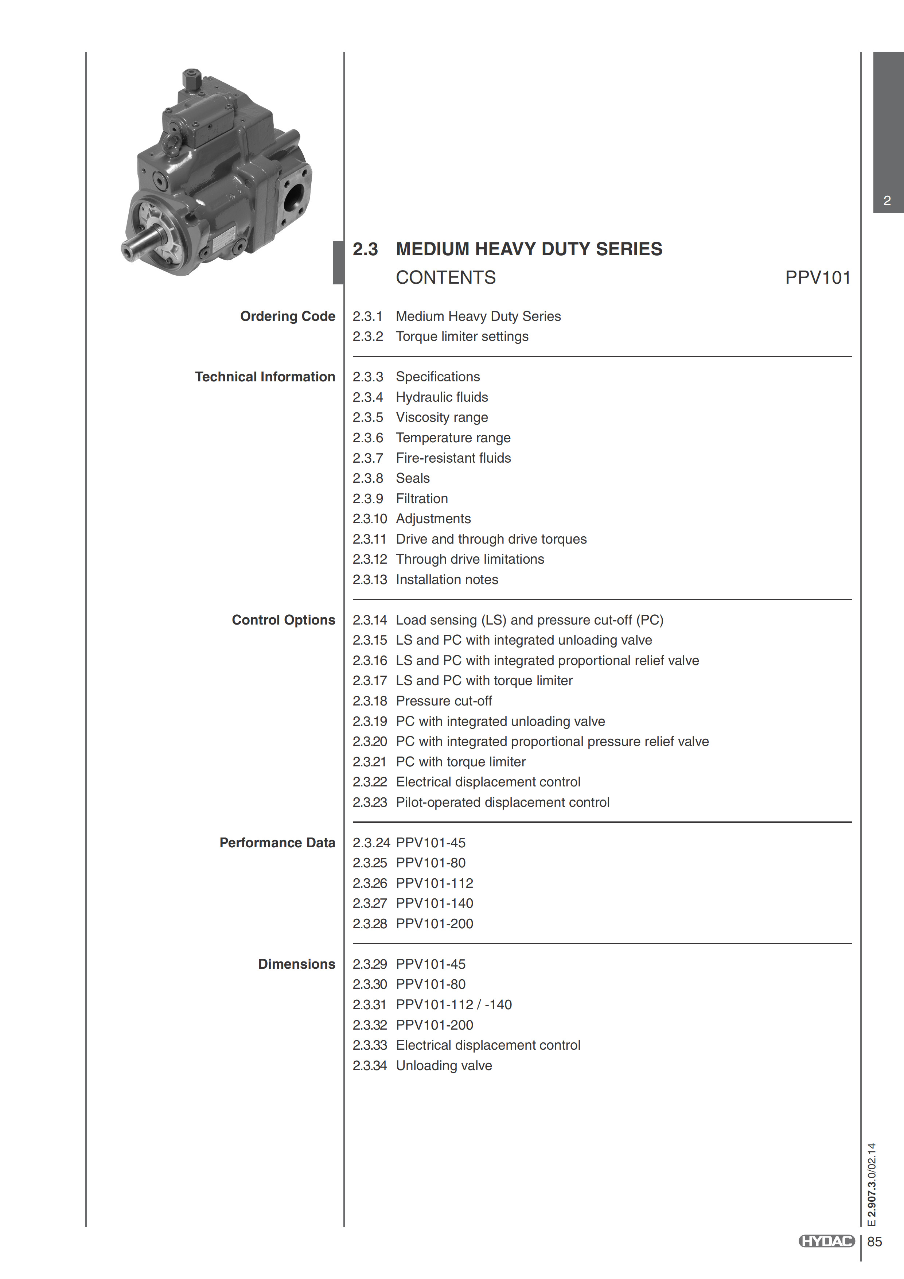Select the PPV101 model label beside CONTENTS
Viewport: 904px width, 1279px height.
[x=817, y=277]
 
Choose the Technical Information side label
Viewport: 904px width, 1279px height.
[x=265, y=377]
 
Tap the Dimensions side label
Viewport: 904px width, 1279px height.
[x=296, y=964]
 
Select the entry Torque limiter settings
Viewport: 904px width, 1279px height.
[x=462, y=337]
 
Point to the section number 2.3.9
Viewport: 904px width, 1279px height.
[x=368, y=498]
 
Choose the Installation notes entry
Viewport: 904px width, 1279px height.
[x=447, y=580]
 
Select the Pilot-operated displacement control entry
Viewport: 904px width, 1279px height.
[x=502, y=803]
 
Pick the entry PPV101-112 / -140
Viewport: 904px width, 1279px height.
[x=453, y=1005]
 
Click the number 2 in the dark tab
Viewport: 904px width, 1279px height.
[x=887, y=201]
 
